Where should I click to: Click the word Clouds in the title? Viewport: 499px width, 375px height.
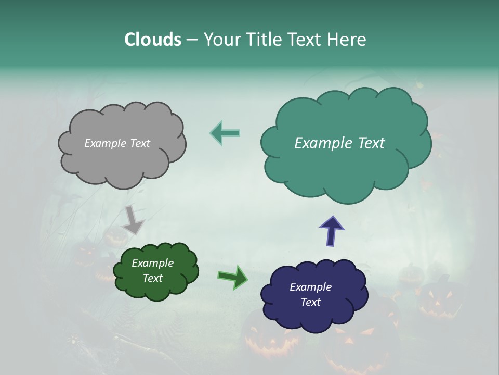coord(152,40)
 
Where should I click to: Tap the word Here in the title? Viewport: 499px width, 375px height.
coord(347,40)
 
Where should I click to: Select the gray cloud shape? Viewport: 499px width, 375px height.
coord(122,161)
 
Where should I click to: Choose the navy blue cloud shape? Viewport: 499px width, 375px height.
coord(314,315)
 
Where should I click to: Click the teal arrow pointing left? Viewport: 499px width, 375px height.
coord(225,133)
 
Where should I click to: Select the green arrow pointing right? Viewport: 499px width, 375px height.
coord(233,277)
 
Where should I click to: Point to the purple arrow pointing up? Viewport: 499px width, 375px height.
coord(331,231)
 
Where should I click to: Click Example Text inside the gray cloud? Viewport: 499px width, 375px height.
coord(117,143)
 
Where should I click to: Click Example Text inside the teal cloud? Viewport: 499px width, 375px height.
coord(339,143)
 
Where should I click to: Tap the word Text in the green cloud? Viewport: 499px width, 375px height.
coord(152,278)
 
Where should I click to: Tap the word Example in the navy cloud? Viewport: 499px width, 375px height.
coord(310,287)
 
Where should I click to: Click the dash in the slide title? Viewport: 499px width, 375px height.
coord(192,40)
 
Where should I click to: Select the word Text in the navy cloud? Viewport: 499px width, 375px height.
coord(310,302)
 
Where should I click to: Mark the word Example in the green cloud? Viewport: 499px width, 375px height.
coord(152,263)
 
